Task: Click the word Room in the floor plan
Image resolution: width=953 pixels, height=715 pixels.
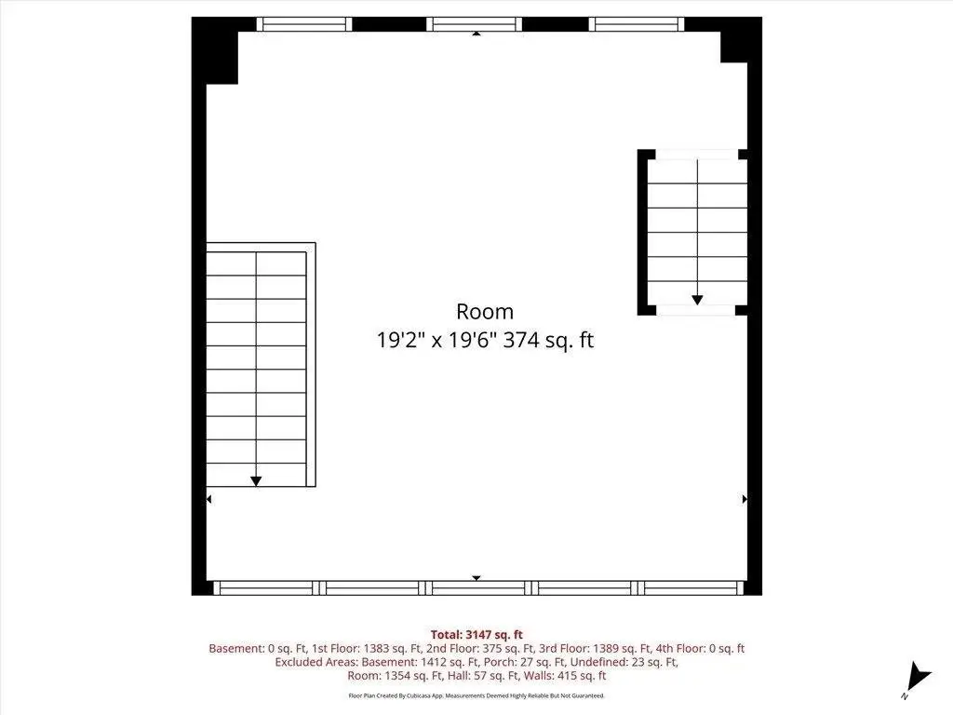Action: (x=484, y=311)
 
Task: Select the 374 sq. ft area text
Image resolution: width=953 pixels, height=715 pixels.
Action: (x=548, y=339)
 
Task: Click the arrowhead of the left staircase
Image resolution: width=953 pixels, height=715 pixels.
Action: (x=256, y=481)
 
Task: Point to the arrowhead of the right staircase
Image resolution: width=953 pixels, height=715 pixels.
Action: (x=697, y=300)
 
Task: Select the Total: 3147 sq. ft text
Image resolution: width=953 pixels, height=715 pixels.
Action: (x=476, y=635)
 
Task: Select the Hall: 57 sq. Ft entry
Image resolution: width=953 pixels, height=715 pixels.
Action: (x=484, y=675)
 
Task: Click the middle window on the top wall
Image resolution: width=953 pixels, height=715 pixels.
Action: (x=474, y=24)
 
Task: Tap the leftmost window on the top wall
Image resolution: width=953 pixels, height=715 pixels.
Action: (x=304, y=24)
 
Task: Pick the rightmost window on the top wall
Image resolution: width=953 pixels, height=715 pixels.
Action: (x=637, y=24)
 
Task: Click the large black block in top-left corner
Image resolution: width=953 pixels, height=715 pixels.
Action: (x=215, y=51)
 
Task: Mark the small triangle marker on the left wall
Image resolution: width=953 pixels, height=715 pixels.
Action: (x=208, y=499)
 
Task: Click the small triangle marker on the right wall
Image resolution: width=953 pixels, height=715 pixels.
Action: (x=745, y=499)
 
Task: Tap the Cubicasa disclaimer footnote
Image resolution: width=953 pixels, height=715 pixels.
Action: (x=476, y=695)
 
